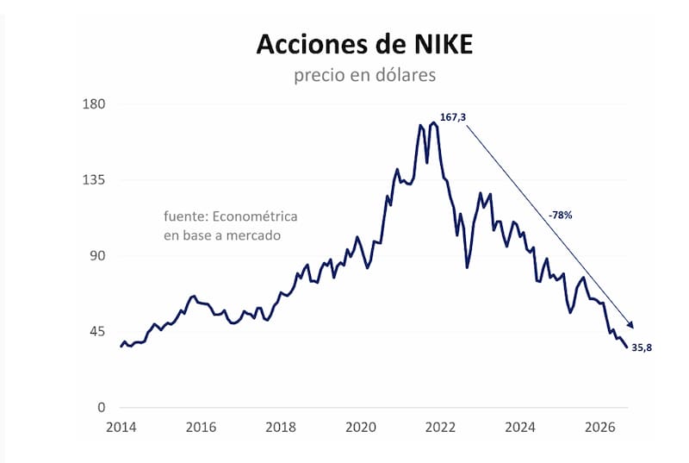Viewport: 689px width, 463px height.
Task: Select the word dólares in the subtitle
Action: point(406,75)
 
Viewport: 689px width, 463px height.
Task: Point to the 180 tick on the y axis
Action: point(94,104)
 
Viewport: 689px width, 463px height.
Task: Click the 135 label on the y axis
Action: point(94,180)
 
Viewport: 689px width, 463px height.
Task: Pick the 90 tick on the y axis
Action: point(98,255)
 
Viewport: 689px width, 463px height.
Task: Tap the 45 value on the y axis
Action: point(98,332)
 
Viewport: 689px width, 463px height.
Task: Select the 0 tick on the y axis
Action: point(102,407)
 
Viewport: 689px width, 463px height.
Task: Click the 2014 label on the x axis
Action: point(121,427)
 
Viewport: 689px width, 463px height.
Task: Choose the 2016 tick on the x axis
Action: point(201,427)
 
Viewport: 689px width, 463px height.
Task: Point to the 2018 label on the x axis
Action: point(281,427)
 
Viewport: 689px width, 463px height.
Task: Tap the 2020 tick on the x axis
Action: point(361,427)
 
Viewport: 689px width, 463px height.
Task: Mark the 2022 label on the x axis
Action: point(441,427)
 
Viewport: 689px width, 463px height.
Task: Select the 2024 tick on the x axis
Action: point(520,427)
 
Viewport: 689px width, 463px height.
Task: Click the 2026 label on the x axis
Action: point(600,427)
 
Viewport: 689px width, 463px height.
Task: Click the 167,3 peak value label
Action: point(453,117)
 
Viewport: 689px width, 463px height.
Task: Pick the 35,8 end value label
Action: point(642,347)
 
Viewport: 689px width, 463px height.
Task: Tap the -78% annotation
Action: point(561,215)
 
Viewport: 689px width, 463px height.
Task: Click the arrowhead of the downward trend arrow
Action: point(631,324)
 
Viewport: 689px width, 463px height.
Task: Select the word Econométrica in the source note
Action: point(255,216)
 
